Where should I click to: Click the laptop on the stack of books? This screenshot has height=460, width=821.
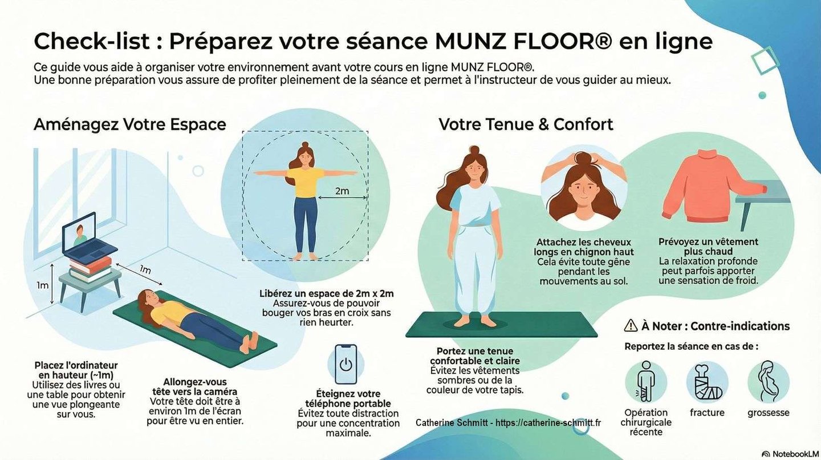[89, 237]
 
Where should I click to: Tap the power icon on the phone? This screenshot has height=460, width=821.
[346, 365]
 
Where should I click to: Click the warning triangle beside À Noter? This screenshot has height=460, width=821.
[631, 325]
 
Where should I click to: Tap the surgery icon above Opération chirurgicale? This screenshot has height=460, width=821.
[646, 381]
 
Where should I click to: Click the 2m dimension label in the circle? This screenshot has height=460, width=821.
[342, 191]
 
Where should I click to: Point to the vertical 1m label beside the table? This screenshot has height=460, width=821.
[43, 285]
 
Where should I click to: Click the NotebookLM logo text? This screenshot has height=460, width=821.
[795, 454]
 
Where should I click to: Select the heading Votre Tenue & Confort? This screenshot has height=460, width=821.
[526, 124]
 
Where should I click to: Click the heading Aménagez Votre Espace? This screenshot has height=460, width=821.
[130, 125]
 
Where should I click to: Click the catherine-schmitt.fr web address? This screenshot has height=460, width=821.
[548, 422]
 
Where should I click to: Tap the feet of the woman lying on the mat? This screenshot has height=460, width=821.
[250, 341]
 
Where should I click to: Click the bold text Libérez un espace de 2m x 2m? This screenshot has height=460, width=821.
[326, 293]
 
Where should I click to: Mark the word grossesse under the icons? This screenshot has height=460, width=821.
[768, 413]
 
